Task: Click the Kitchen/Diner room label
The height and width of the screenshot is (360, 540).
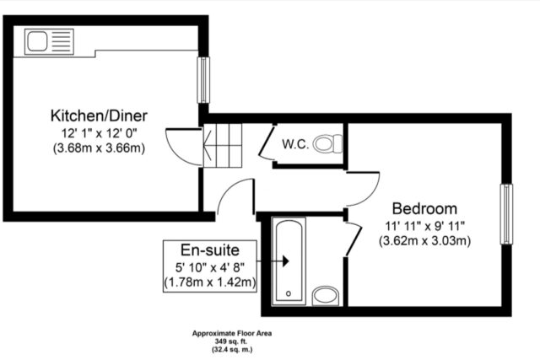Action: click(x=99, y=116)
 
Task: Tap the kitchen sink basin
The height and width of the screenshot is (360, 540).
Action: click(x=37, y=41)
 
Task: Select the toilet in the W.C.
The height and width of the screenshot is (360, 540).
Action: click(x=328, y=143)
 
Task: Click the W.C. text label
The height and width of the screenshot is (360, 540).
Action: click(x=295, y=144)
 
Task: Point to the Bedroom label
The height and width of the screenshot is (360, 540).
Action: click(x=424, y=208)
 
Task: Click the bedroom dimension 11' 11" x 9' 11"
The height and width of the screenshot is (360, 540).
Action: click(x=425, y=226)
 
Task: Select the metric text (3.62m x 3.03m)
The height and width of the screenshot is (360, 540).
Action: click(x=424, y=240)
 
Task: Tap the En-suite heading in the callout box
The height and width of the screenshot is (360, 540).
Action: click(x=210, y=250)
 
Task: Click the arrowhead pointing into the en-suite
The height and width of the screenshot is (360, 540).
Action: click(x=285, y=261)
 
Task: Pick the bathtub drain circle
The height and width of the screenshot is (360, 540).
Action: click(x=289, y=293)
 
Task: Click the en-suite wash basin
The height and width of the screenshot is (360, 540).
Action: click(x=326, y=296)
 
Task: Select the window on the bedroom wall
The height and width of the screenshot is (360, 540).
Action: click(x=506, y=214)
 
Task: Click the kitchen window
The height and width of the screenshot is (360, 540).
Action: click(x=203, y=80)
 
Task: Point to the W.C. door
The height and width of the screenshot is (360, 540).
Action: click(x=267, y=142)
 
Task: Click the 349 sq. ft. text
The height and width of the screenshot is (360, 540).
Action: click(x=232, y=341)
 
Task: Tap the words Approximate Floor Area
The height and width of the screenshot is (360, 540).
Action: click(x=232, y=334)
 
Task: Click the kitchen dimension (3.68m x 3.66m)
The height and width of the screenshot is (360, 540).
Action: click(x=99, y=148)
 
